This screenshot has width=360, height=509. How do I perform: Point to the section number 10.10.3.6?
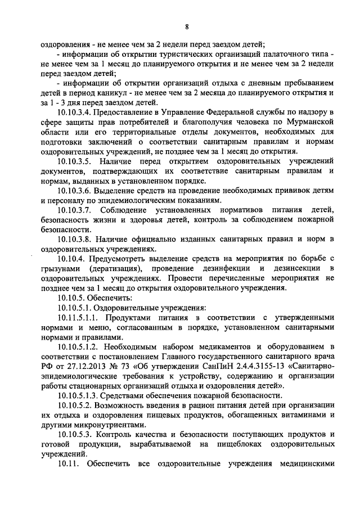(78, 190)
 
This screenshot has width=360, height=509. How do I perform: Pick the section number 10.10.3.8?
(78, 240)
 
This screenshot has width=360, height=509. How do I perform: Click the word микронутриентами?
(106, 425)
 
